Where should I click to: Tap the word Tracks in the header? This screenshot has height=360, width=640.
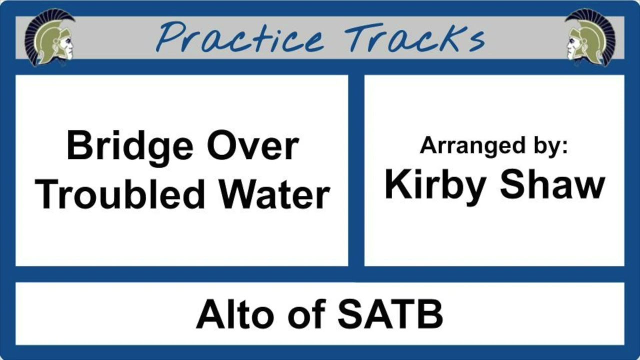(x=414, y=38)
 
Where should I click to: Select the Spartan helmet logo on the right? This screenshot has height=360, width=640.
(x=590, y=37)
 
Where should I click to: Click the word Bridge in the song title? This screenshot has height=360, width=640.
(x=129, y=146)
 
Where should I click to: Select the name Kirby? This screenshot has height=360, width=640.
(x=435, y=185)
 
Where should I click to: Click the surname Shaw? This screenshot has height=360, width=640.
(x=552, y=185)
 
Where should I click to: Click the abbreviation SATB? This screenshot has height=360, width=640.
(x=389, y=314)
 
